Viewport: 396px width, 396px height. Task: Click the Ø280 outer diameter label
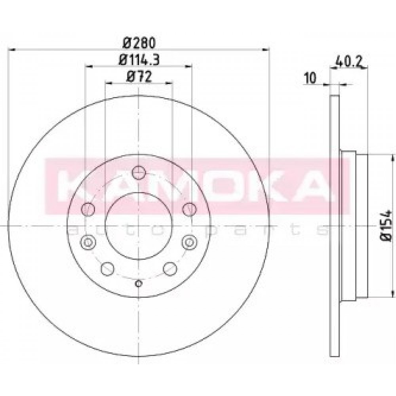tap(139, 43)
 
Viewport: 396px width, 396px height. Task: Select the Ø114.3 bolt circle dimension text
tap(139, 60)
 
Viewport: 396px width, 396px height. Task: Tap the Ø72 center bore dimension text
tap(139, 76)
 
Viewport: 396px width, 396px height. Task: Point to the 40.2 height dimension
tap(349, 62)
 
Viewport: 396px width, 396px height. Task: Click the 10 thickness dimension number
tap(310, 78)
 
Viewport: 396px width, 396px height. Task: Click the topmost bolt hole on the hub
tap(139, 173)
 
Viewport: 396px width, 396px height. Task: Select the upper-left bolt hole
tap(88, 209)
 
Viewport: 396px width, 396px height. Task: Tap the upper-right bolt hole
tap(189, 209)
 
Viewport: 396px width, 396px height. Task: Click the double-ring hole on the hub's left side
tap(88, 242)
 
